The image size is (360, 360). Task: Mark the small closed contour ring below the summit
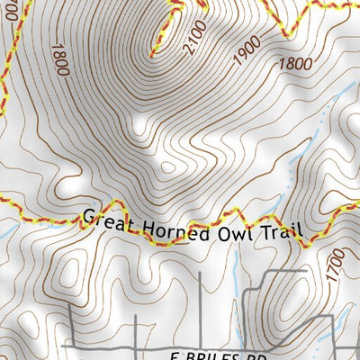[167, 166]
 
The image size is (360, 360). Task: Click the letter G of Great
[87, 217]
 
